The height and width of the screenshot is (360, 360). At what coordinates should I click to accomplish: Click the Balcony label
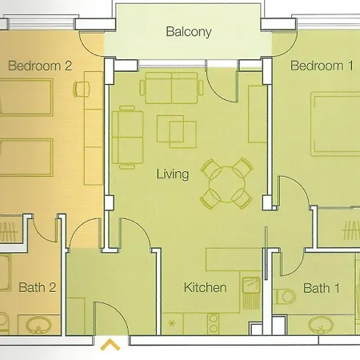[x=189, y=33]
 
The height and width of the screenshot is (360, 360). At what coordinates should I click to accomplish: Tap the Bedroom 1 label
[x=322, y=66]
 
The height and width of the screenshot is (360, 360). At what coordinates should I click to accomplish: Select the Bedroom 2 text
[x=41, y=66]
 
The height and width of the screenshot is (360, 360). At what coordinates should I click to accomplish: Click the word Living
[x=173, y=174]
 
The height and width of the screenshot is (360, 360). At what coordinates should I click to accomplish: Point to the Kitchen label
[x=206, y=287]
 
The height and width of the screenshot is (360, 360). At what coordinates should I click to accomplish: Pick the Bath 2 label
[x=37, y=287]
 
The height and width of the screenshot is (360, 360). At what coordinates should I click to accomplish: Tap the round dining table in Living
[x=225, y=182]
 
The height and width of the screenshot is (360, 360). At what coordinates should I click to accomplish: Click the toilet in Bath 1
[x=285, y=297]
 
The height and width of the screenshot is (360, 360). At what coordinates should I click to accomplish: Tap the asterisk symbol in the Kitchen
[x=171, y=324]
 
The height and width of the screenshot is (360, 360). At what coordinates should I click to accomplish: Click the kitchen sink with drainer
[x=250, y=292]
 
